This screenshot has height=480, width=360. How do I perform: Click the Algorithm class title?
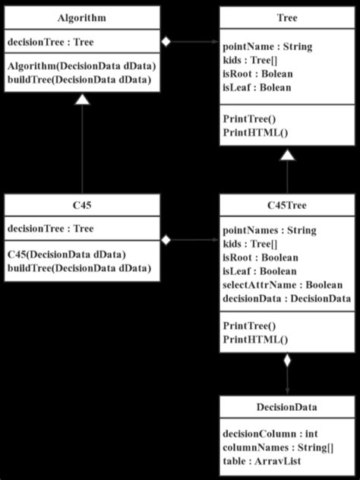(x=81, y=17)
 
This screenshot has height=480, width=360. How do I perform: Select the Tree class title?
(x=287, y=17)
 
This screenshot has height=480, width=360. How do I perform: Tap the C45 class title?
(x=81, y=205)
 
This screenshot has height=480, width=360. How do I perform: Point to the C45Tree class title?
(x=287, y=205)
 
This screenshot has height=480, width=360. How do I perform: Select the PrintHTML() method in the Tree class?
(x=248, y=133)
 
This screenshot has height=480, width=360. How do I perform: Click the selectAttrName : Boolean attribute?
(x=282, y=285)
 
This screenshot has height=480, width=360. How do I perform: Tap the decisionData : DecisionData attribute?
(x=286, y=298)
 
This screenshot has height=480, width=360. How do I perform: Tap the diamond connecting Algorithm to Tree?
(x=166, y=41)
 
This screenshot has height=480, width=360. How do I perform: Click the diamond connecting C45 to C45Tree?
(x=166, y=240)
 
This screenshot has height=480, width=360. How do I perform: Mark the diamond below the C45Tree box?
(x=286, y=362)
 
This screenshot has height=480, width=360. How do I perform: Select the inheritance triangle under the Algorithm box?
(x=81, y=99)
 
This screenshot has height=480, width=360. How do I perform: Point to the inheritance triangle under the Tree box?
(x=286, y=156)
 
